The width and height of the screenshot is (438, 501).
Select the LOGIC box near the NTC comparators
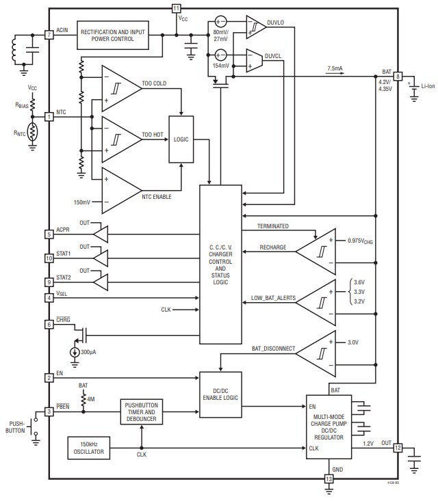(x=182, y=139)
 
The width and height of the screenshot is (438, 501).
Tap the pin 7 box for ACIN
(x=49, y=34)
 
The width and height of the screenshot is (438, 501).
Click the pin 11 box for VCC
(x=177, y=8)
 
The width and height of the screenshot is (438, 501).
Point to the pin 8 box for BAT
(x=398, y=76)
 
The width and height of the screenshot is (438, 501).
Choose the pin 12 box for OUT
(x=398, y=448)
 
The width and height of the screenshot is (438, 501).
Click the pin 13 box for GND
(x=328, y=479)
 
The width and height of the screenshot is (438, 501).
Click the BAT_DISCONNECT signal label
(x=273, y=348)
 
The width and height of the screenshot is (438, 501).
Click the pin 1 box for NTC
(x=49, y=117)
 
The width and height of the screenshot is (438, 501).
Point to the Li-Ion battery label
(x=428, y=85)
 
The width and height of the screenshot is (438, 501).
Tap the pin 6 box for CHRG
(x=49, y=324)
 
